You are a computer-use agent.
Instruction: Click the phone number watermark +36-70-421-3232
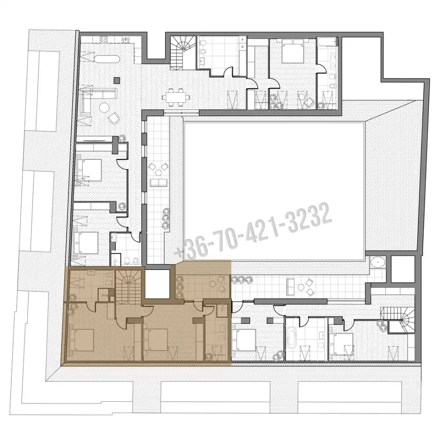pos(253,231)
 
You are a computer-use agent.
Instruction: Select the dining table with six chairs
pos(176,97)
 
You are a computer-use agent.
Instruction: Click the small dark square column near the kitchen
pos(117,81)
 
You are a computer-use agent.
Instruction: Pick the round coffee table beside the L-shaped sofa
pos(104,107)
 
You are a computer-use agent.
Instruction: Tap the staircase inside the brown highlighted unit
pos(129,286)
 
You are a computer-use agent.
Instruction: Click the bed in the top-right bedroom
pos(293,51)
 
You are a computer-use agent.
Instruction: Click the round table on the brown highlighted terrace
pos(213,284)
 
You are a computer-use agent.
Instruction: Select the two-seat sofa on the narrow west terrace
pos(159,183)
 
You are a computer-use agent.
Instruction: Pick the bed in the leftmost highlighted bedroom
pos(81,340)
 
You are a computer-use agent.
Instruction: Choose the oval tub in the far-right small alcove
pos(378,262)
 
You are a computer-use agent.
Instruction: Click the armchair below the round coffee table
pos(114,118)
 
